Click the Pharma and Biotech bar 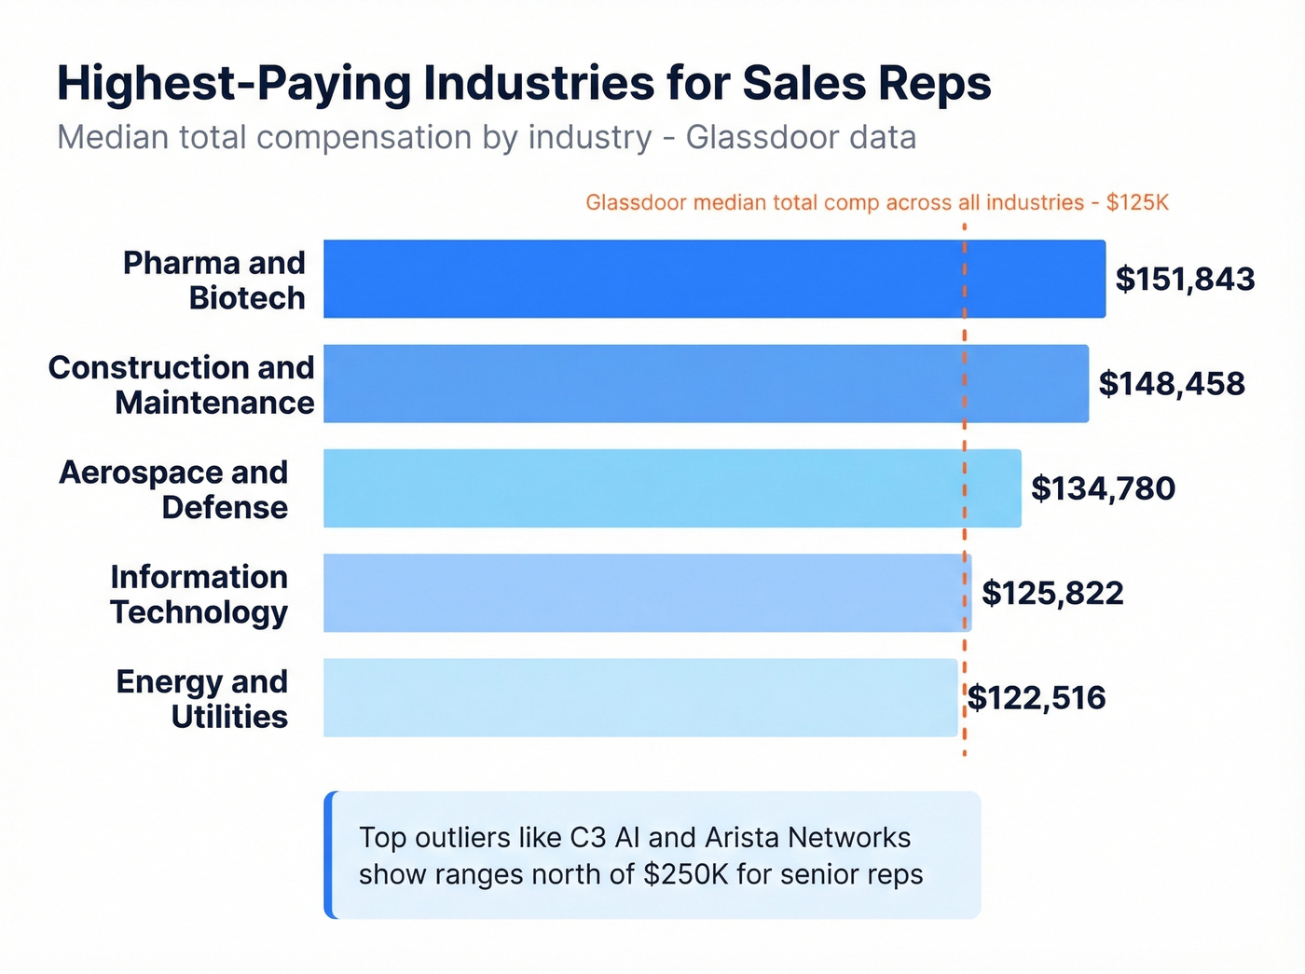point(714,279)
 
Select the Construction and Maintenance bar point(706,383)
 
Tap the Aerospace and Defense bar point(672,487)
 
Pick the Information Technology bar point(647,593)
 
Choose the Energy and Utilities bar point(640,697)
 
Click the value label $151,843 point(1185,279)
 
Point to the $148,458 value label point(1172,383)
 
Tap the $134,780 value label point(1103,487)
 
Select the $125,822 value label point(1052,593)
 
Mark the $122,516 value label point(1037,697)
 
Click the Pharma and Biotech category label point(214,280)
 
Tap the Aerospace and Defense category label point(174,489)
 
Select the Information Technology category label point(199,594)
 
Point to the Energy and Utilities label point(202,698)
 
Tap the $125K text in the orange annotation point(1137,202)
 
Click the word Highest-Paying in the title point(233,84)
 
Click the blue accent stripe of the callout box point(329,855)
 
